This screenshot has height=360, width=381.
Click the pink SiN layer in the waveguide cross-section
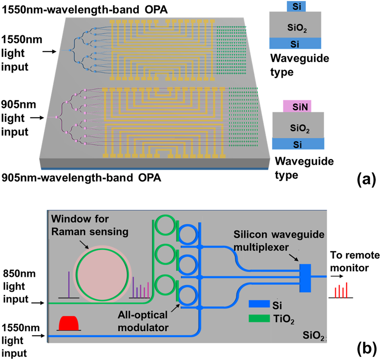297,106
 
